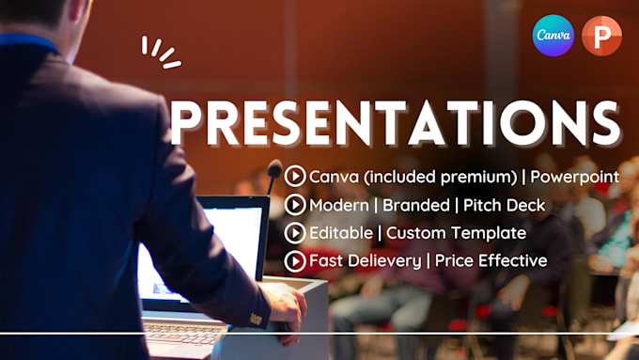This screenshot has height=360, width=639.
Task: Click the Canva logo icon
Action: [x=553, y=36]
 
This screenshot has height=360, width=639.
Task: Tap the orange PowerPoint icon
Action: [x=601, y=36]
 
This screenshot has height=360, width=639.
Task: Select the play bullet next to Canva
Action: [x=295, y=175]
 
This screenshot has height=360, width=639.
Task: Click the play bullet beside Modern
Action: [x=295, y=203]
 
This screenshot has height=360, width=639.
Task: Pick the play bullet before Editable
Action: [x=295, y=231]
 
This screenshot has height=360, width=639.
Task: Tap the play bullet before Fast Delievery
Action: [x=295, y=260]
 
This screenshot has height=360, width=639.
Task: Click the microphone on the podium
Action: [x=273, y=171]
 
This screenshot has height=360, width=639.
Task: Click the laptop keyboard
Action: [x=188, y=331]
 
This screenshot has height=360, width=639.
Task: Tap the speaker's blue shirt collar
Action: [x=28, y=43]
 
